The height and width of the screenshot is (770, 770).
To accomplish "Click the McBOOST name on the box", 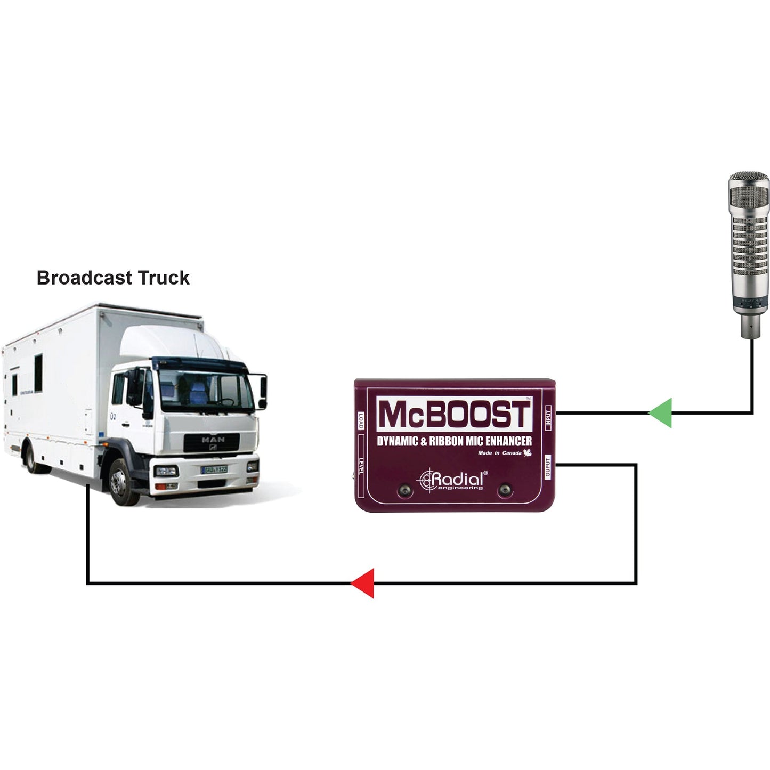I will tap(455, 415).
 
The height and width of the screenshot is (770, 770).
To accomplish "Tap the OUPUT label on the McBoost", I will tap(548, 468).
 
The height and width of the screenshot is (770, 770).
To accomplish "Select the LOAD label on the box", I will tap(361, 420).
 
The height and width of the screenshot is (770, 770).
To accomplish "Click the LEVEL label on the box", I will tap(361, 467).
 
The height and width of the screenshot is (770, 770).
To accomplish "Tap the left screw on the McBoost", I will tap(406, 491).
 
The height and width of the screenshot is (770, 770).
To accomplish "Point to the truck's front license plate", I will tap(214, 469).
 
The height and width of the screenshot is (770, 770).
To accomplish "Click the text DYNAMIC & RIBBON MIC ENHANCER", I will tap(455, 441).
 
